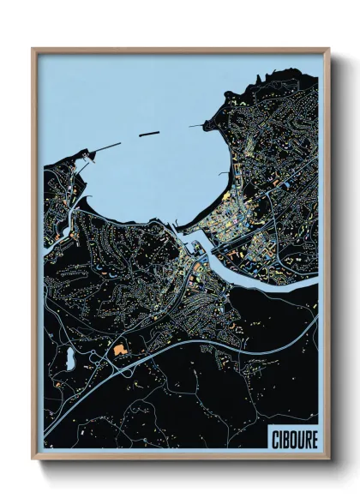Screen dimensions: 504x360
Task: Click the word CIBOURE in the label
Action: click(293, 438)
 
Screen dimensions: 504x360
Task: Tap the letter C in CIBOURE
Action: click(273, 438)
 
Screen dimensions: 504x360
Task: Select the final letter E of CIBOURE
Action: click(314, 438)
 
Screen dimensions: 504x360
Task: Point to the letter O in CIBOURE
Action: click(292, 438)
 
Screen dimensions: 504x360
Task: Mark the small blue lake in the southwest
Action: click(67, 361)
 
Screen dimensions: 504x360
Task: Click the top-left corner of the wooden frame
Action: click(33, 49)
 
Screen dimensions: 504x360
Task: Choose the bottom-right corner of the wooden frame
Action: click(329, 459)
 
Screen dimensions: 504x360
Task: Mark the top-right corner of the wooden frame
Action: click(329, 49)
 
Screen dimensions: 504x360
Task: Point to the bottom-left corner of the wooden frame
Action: click(33, 459)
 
